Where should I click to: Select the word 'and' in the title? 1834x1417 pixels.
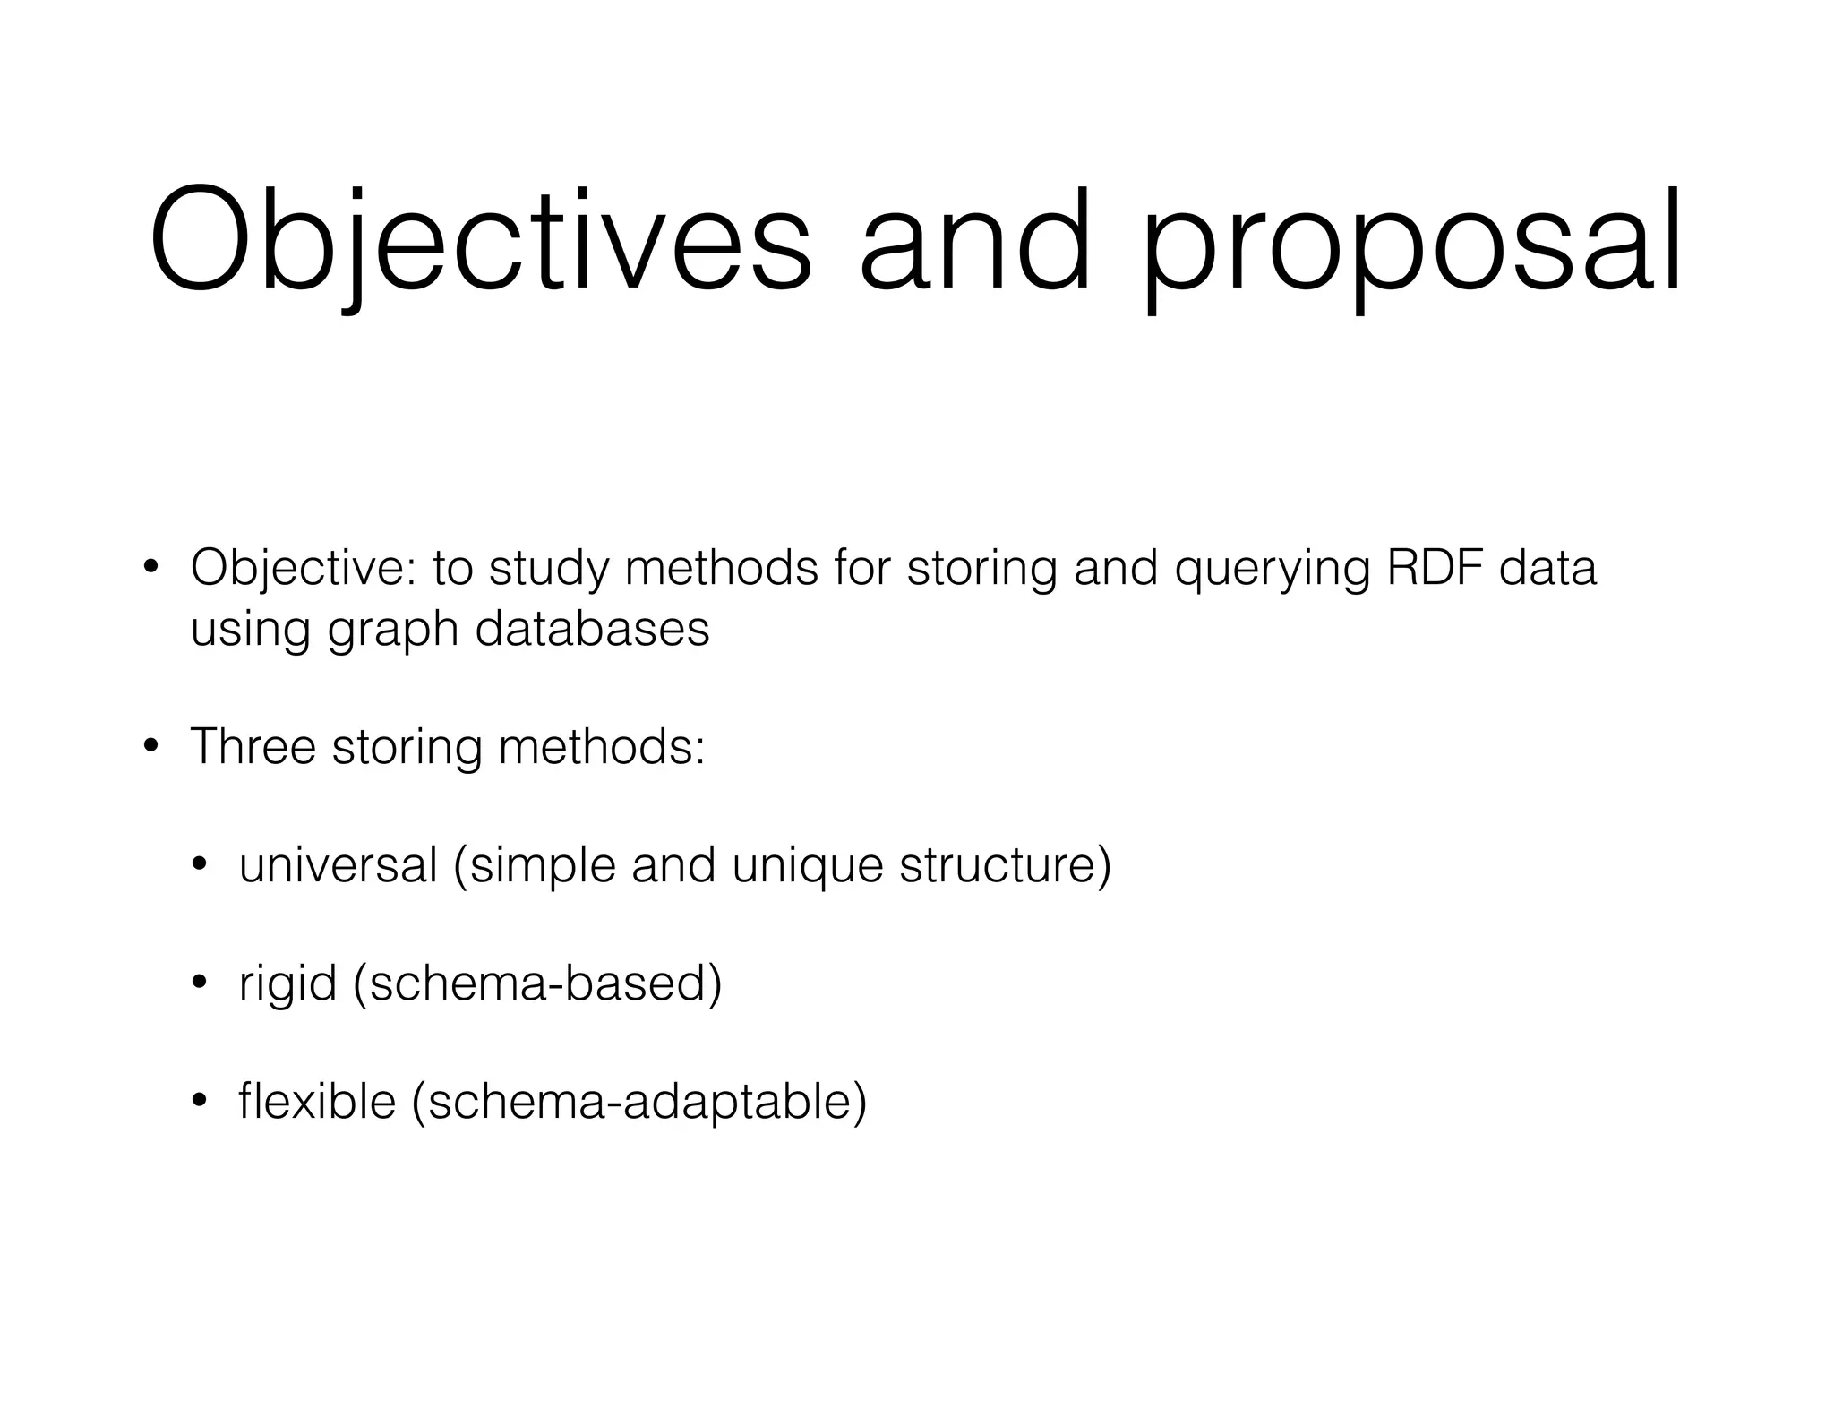(974, 242)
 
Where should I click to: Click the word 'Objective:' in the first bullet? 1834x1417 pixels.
(304, 570)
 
